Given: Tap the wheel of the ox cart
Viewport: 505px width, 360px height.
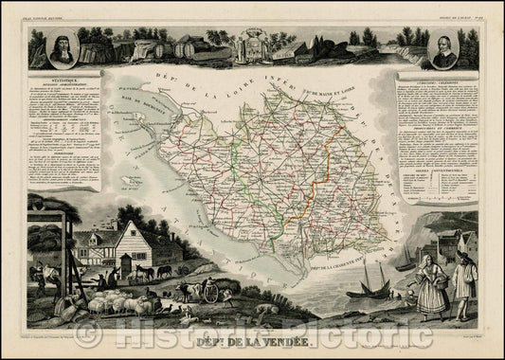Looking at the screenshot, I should tap(211, 295).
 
